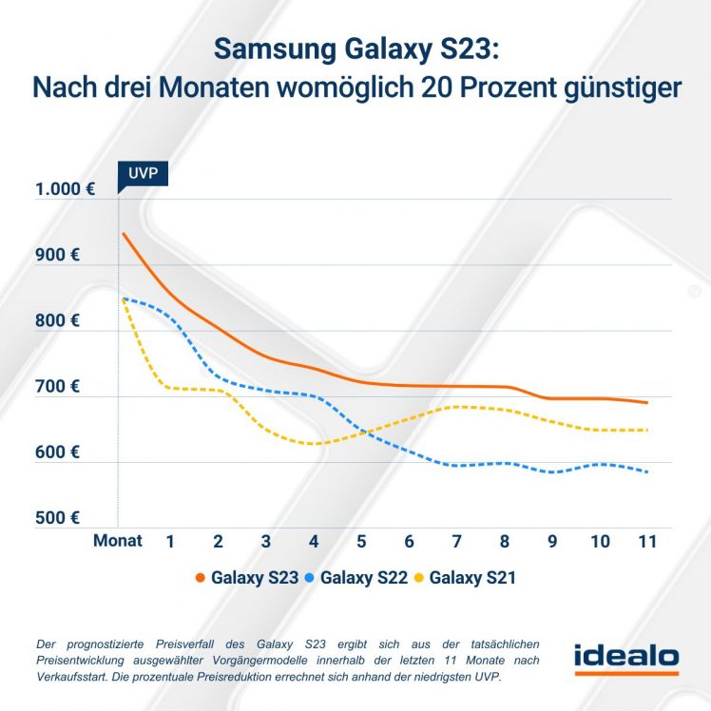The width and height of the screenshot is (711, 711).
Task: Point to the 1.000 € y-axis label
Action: point(64,189)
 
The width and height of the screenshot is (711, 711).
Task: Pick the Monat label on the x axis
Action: point(118,541)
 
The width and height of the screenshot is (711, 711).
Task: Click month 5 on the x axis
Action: point(360,541)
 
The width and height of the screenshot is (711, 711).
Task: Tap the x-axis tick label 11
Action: point(647,541)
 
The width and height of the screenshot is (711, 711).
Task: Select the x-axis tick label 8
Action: point(504,541)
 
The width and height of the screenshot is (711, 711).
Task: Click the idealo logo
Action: point(626,657)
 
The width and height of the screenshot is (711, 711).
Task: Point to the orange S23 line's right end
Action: point(647,403)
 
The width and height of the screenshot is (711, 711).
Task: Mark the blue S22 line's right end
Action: point(647,471)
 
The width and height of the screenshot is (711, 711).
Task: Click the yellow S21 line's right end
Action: point(647,431)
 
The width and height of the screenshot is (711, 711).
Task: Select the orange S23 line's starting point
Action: point(123,233)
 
